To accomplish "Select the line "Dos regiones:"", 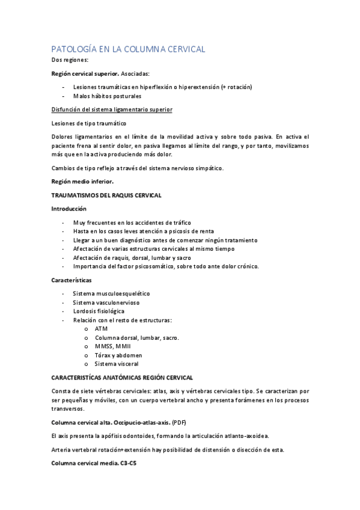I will pyautogui.click(x=70, y=60).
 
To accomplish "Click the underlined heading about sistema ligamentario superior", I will pyautogui.click(x=112, y=109).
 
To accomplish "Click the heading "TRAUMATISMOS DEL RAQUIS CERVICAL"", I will pyautogui.click(x=106, y=195).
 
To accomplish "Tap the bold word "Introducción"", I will pyautogui.click(x=69, y=209).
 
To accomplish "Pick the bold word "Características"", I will pyautogui.click(x=71, y=280).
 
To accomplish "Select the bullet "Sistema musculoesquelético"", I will pyautogui.click(x=111, y=293).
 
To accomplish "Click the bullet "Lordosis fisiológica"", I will pyautogui.click(x=99, y=312).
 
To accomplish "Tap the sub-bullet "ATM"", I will pyautogui.click(x=101, y=329).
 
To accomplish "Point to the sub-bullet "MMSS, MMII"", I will pyautogui.click(x=112, y=346).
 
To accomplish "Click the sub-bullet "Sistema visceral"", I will pyautogui.click(x=117, y=364).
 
